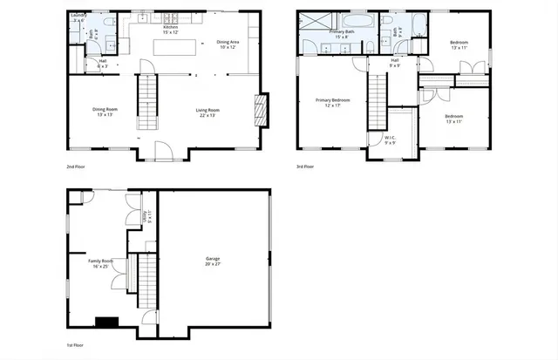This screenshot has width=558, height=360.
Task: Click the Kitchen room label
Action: pyautogui.click(x=170, y=28)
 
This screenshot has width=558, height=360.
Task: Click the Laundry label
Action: pyautogui.click(x=76, y=17)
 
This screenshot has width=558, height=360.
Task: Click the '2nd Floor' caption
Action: pyautogui.click(x=76, y=166)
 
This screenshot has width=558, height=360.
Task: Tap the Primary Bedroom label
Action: pyautogui.click(x=332, y=102)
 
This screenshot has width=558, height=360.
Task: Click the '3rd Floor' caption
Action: pyautogui.click(x=306, y=166)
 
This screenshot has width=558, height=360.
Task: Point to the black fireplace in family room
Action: pyautogui.click(x=106, y=322)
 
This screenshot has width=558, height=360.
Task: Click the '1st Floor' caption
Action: pyautogui.click(x=76, y=345)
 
